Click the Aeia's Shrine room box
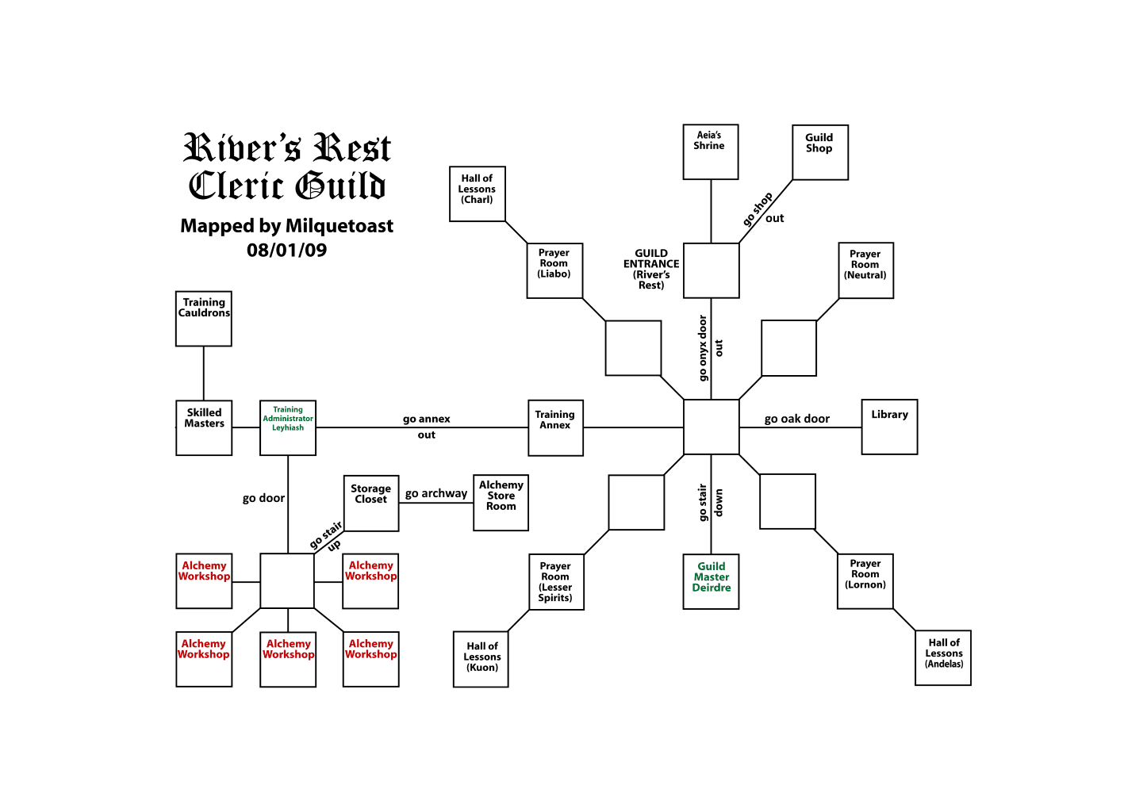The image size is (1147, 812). pos(711,151)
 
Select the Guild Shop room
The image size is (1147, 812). pos(820,152)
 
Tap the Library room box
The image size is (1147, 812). pos(889,427)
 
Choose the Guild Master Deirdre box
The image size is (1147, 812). pos(711,581)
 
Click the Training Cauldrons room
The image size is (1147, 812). pos(204,319)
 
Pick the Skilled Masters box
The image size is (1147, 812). pos(204,427)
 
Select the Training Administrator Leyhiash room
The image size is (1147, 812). pos(288,427)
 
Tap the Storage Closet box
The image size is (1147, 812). pos(370,503)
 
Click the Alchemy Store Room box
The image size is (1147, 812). pos(501,503)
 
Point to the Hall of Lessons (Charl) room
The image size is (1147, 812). pos(477,193)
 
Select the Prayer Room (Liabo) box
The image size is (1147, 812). pos(554,270)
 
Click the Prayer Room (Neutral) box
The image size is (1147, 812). pos(865,270)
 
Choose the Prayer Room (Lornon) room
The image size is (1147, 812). pos(865,581)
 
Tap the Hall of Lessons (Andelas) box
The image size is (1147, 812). pos(943,657)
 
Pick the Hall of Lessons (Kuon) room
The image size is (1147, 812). pos(481,659)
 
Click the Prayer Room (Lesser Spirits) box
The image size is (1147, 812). pos(556,582)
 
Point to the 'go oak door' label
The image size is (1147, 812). pos(796,419)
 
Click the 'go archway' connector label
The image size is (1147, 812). pos(435,493)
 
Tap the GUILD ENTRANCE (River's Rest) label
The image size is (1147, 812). pos(651,269)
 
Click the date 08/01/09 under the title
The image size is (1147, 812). pos(286,250)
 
